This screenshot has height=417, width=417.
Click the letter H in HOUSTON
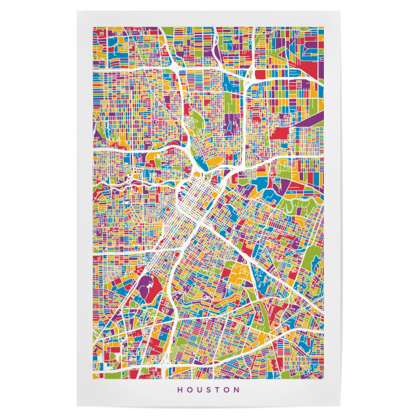coord(181,390)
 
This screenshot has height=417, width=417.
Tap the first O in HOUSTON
coord(190,390)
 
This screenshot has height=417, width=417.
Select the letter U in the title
coord(200,390)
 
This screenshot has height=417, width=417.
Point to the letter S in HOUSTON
coord(209,390)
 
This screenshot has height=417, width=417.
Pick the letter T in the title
coord(218,390)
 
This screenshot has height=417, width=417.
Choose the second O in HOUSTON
coord(227,390)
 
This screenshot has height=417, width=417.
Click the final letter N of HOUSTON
coord(237,390)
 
